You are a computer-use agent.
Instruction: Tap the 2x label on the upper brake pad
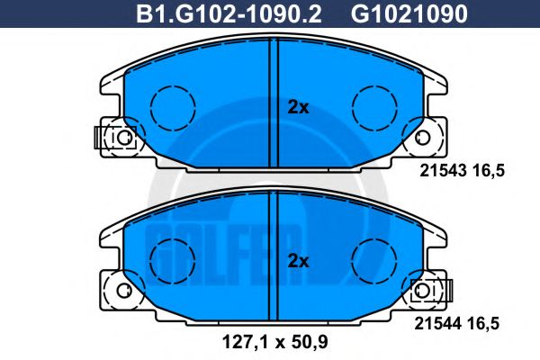coord(298,108)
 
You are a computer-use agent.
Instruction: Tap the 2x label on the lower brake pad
coord(298,262)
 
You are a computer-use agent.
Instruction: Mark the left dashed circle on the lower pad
coord(166,262)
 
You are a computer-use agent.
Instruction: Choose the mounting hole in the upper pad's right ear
coord(423,137)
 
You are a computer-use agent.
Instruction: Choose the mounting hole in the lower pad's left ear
coord(121,291)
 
